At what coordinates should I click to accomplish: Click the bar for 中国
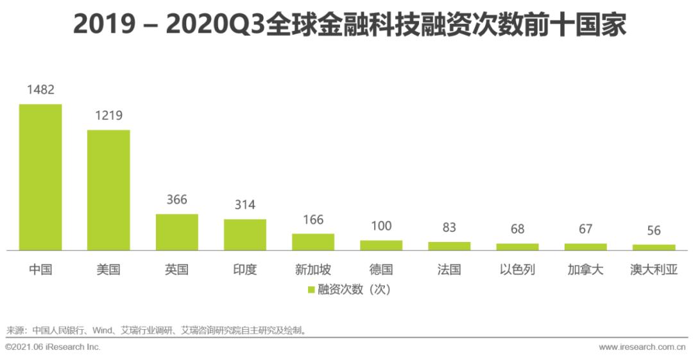pyautogui.click(x=40, y=177)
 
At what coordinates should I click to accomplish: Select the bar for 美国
pyautogui.click(x=108, y=190)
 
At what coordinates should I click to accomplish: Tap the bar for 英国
pyautogui.click(x=176, y=232)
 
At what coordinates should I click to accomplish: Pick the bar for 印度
pyautogui.click(x=244, y=234)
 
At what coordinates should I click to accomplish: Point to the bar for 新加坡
pyautogui.click(x=313, y=242)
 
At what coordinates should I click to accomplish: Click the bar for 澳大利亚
pyautogui.click(x=654, y=247)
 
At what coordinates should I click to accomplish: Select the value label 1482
pyautogui.click(x=40, y=90)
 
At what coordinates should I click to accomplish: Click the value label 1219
pyautogui.click(x=108, y=116)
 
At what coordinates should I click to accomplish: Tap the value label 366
pyautogui.click(x=176, y=200)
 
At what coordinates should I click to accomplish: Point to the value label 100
pyautogui.click(x=381, y=226)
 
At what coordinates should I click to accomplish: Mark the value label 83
pyautogui.click(x=449, y=228)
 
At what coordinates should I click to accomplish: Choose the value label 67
pyautogui.click(x=585, y=229)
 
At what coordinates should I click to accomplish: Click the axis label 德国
pyautogui.click(x=381, y=270)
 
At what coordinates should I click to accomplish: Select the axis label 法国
pyautogui.click(x=449, y=270)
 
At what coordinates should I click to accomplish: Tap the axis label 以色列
pyautogui.click(x=517, y=270)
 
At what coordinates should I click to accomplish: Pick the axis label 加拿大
pyautogui.click(x=585, y=270)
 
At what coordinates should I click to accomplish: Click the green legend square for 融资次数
pyautogui.click(x=311, y=290)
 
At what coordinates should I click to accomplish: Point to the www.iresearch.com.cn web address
pyautogui.click(x=642, y=347)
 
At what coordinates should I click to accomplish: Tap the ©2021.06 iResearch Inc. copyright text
pyautogui.click(x=53, y=347)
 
